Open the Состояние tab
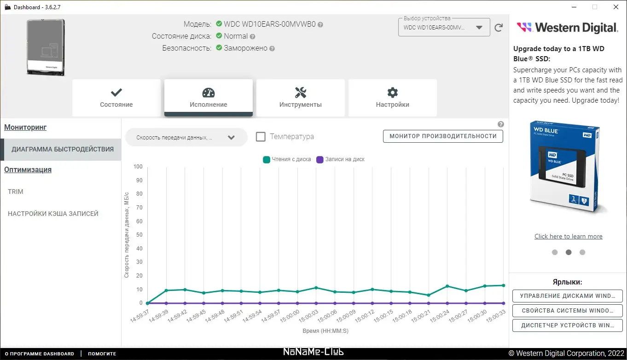[116, 98]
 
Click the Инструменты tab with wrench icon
[300, 98]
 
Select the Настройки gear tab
[392, 98]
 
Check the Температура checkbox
[261, 137]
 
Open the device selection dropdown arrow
[480, 27]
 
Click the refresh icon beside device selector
[499, 28]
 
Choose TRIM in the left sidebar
[16, 192]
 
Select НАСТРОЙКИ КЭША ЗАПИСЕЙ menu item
[53, 214]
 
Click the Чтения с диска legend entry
[287, 159]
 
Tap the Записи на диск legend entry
[341, 159]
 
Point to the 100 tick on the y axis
[138, 167]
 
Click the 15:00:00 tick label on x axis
[290, 315]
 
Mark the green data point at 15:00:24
[447, 286]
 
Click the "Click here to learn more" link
[568, 236]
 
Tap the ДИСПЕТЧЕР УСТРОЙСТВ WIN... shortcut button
[567, 325]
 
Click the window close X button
[616, 7]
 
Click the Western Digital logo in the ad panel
[567, 28]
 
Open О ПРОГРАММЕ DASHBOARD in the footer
[39, 354]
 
